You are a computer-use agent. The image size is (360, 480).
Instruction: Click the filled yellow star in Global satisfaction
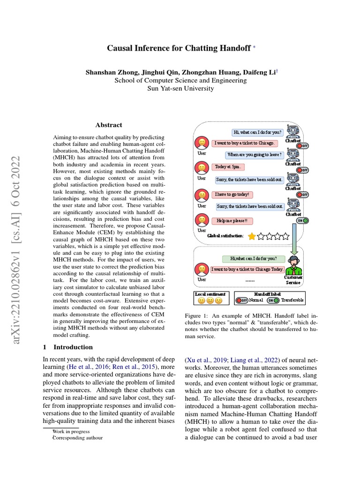click(252, 236)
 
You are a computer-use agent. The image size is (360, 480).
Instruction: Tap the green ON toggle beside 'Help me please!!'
click(302, 220)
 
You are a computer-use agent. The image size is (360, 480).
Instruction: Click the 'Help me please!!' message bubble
click(232, 221)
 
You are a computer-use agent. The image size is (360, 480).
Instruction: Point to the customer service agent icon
click(294, 266)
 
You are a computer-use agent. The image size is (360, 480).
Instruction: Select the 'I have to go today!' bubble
click(232, 194)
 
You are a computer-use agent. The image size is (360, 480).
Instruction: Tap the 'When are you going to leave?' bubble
click(255, 155)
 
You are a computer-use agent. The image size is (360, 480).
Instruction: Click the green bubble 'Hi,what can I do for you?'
click(254, 258)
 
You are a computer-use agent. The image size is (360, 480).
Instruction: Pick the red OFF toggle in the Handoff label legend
click(242, 300)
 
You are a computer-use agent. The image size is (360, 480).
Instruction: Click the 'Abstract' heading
click(109, 125)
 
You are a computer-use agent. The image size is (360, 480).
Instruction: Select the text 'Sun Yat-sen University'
click(180, 88)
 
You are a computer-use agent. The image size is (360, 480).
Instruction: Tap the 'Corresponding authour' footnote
click(77, 438)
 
